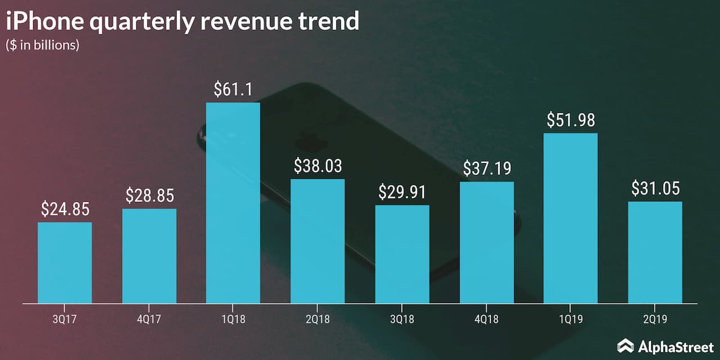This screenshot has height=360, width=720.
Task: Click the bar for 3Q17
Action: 65,263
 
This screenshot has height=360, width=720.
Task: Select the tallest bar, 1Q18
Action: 233,203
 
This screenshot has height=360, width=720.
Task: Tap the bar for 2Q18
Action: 318,241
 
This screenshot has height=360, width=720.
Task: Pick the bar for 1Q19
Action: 571,218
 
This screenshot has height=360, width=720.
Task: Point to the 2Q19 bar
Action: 655,253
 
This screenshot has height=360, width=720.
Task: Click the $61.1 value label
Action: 233,89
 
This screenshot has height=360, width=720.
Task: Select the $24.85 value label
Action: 65,209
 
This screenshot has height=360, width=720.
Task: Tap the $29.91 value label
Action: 402,192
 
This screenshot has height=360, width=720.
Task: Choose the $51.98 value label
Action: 571,120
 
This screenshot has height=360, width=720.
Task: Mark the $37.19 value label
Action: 487,168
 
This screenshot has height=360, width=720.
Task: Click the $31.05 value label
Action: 655,188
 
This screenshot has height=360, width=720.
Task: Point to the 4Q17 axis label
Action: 149,319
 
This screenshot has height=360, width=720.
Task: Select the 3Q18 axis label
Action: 402,319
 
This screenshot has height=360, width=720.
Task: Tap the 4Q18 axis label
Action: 487,319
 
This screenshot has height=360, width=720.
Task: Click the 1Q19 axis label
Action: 571,319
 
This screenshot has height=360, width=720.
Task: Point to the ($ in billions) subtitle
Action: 43,46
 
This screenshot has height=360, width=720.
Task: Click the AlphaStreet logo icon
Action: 625,345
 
